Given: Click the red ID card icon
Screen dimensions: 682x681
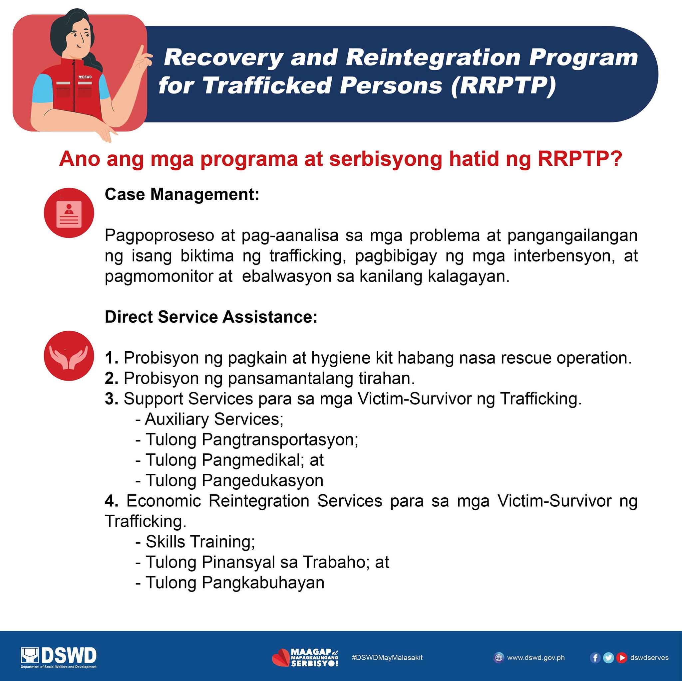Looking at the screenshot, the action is pos(69,213).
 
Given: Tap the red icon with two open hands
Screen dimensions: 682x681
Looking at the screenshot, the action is pos(69,356).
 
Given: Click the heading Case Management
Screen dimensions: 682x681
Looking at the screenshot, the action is pos(182,194).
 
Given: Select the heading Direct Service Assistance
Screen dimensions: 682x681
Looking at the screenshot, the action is pos(211,317).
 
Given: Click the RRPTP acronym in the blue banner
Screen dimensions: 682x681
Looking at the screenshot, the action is pos(504,85).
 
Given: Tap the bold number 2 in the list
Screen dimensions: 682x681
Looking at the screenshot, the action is pos(112,378).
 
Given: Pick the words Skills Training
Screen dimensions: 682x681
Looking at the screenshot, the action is pos(200,542).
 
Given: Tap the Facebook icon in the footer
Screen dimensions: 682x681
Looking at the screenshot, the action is pos(595,658).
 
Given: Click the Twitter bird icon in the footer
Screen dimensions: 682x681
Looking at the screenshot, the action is pos(608,658).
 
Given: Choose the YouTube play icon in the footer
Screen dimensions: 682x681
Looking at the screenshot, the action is pos(622,658).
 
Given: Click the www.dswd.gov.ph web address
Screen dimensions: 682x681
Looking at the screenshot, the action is pos(536,658).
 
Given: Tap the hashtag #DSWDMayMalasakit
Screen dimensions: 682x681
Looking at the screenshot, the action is pos(387,658).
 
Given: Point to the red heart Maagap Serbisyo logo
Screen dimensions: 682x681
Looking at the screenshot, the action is pos(305,658).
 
